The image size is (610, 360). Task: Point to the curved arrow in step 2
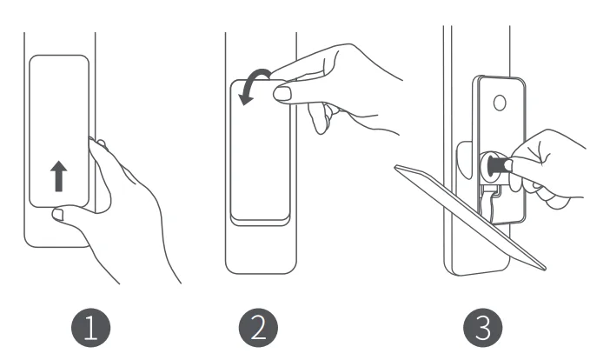(254, 88)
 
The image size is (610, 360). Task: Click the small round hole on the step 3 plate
(498, 103)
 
